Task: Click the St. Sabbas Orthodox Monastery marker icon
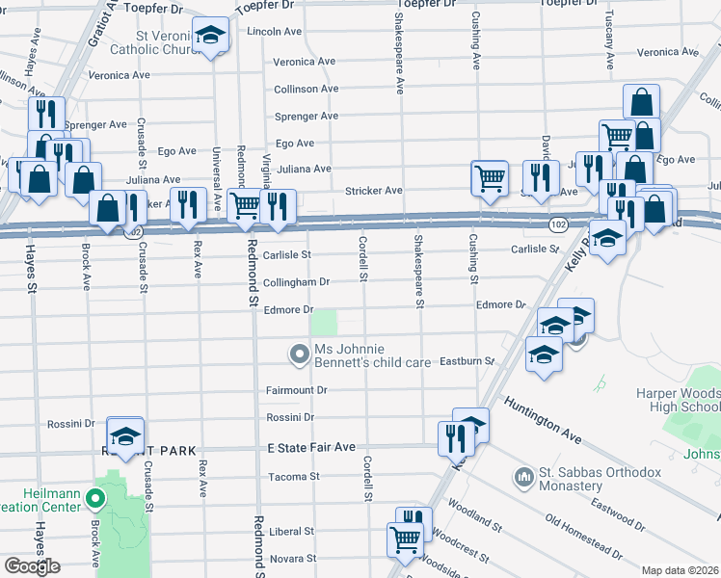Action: click(x=524, y=477)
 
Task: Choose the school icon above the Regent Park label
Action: click(x=125, y=434)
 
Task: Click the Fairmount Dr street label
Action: click(x=296, y=390)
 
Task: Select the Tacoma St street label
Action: click(x=293, y=476)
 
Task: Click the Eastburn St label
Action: click(x=467, y=361)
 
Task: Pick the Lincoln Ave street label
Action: click(x=275, y=31)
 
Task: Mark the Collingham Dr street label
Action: click(x=297, y=282)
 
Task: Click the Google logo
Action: click(x=31, y=566)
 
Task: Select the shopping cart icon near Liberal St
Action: click(x=404, y=539)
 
